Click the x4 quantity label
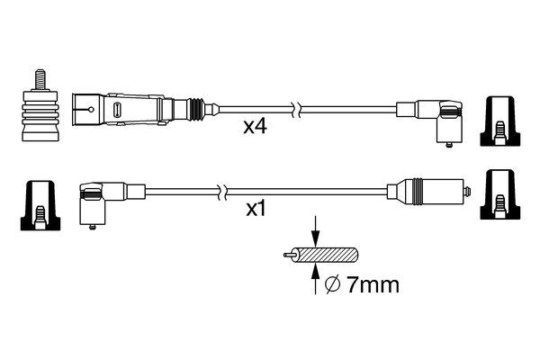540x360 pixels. (256, 129)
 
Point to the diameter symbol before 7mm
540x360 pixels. (330, 285)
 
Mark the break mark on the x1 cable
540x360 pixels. (219, 191)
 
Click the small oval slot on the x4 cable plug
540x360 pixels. (117, 111)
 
